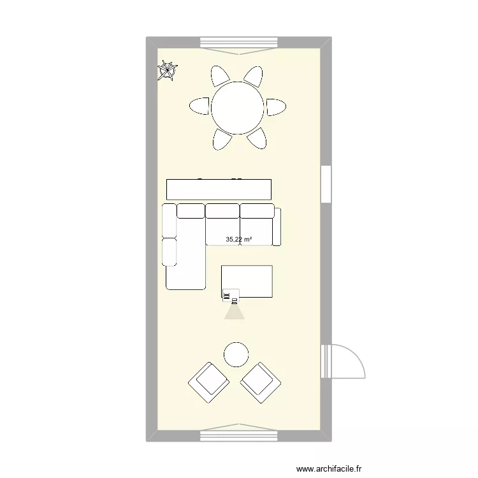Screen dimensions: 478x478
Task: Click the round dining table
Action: (238, 108)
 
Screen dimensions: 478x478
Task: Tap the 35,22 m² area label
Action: (239, 240)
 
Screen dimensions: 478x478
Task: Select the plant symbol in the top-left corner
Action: (168, 70)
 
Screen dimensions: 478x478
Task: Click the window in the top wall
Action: (239, 43)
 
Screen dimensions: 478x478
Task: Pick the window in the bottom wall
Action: (239, 435)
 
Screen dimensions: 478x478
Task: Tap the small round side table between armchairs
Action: (236, 354)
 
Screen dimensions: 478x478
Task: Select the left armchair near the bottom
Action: (208, 382)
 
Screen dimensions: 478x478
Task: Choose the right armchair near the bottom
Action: (260, 382)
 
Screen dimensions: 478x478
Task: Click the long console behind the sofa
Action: (219, 189)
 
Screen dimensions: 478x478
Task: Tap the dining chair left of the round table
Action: (199, 106)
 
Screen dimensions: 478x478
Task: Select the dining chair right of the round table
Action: (276, 107)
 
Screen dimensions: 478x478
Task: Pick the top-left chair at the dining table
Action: (221, 76)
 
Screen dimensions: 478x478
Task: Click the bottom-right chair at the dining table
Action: (256, 138)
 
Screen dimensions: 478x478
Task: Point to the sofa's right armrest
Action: (277, 226)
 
